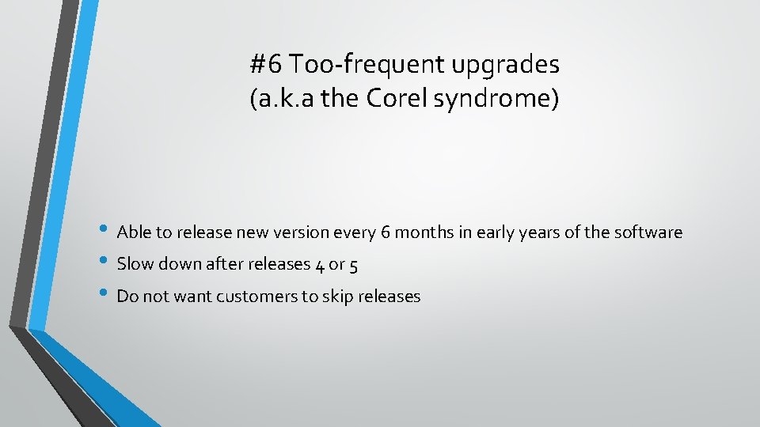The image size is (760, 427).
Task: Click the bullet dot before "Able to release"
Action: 108,231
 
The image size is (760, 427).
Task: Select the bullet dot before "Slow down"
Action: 108,263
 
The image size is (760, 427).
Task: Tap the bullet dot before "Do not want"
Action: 108,295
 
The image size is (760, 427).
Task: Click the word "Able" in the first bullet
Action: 133,232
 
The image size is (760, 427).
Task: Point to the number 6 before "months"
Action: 386,232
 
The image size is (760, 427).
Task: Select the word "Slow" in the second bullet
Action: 135,265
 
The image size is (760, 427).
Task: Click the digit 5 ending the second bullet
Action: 353,266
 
